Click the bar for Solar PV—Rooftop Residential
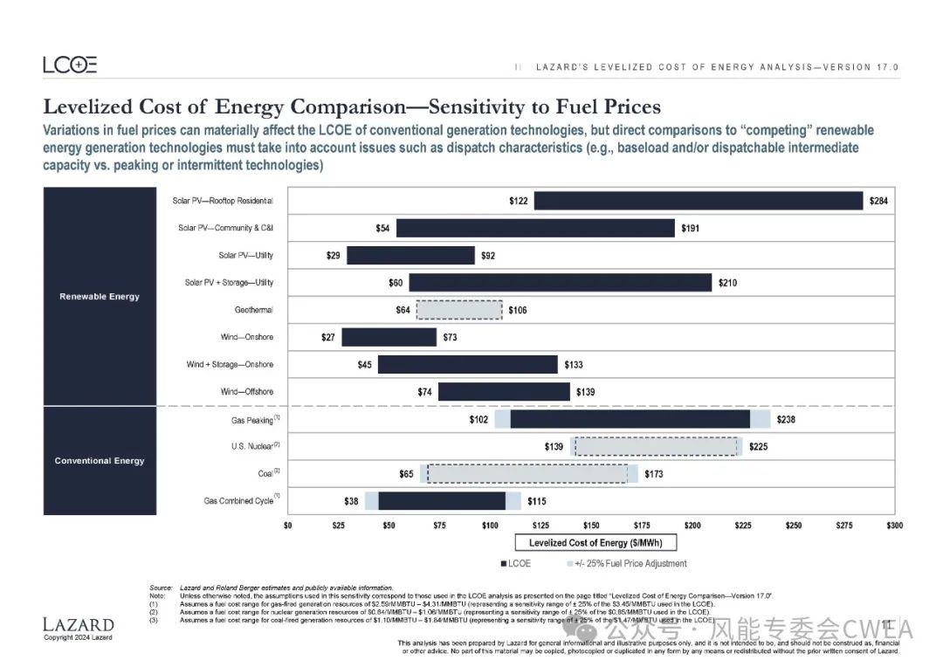point(699,201)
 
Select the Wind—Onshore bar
point(389,337)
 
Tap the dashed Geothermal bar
point(459,310)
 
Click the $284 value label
point(878,202)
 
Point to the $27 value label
point(329,337)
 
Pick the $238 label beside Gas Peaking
point(786,419)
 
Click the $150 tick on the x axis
point(591,525)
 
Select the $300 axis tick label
point(894,525)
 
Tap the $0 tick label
point(288,525)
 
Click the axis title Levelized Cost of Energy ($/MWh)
point(591,543)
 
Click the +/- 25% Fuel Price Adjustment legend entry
point(627,563)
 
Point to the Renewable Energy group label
point(100,297)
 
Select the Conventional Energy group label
point(100,461)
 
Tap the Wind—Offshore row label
point(246,392)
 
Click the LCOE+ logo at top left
point(70,65)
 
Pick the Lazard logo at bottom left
point(79,625)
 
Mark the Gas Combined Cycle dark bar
point(442,500)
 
